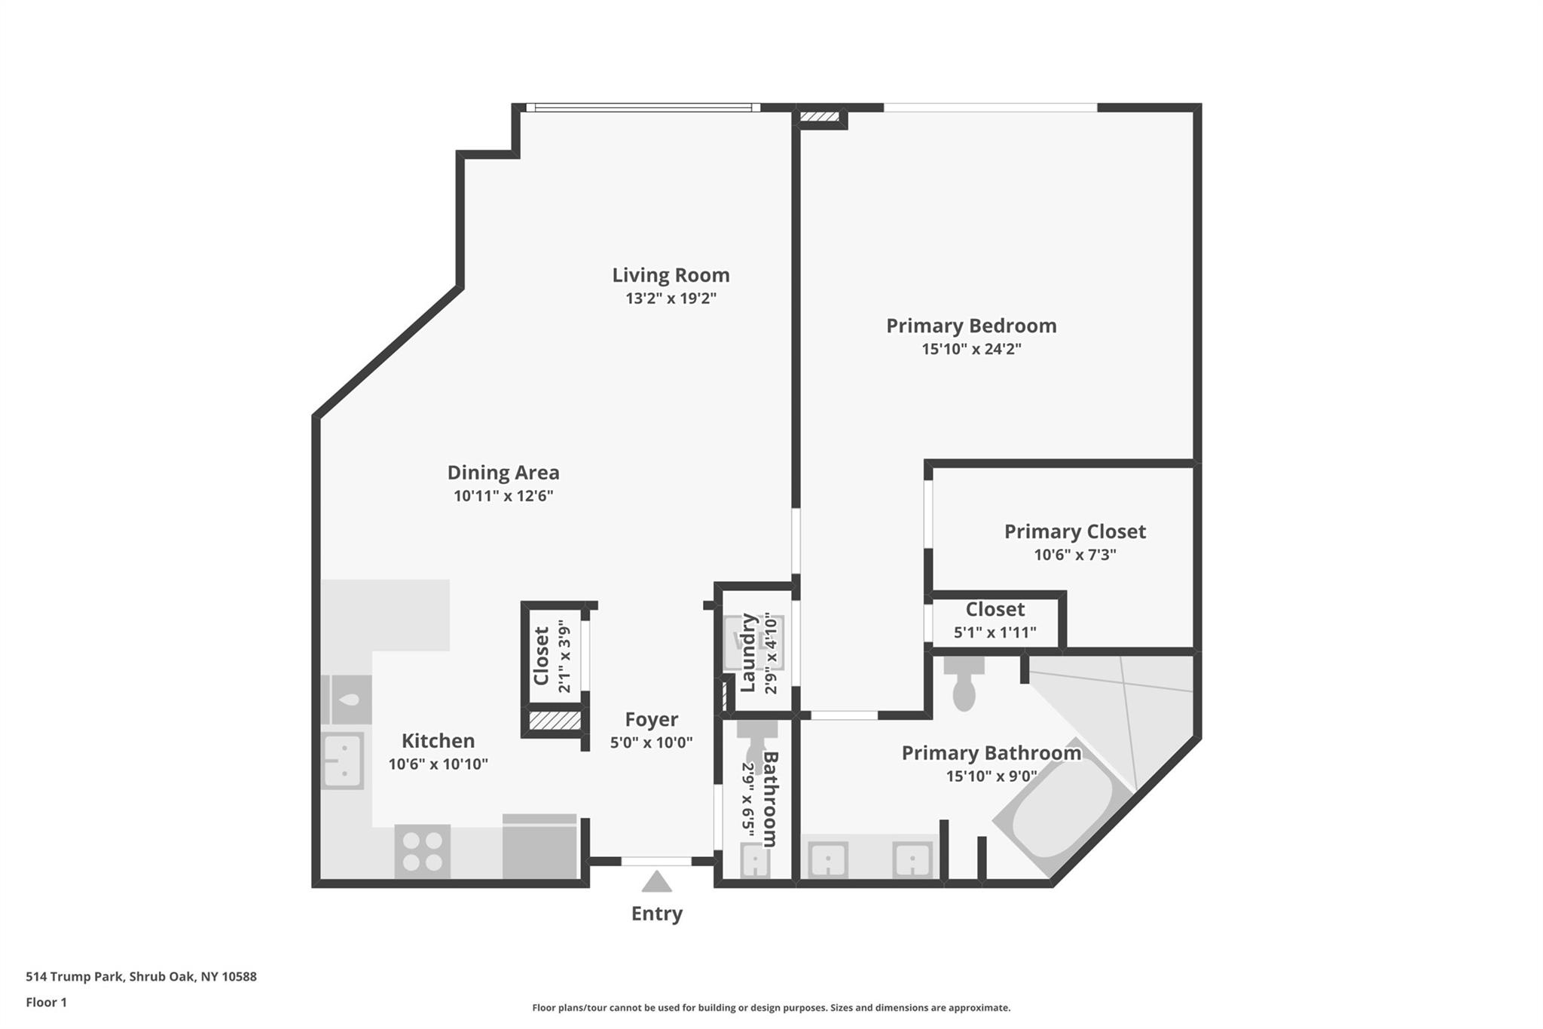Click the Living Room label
(x=671, y=275)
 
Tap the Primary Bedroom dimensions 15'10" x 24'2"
(x=971, y=349)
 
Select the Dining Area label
(x=503, y=473)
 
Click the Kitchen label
(x=438, y=740)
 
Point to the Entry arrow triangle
(x=656, y=882)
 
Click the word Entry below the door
(x=657, y=914)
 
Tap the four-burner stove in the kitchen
(x=423, y=851)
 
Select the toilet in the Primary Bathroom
(x=964, y=683)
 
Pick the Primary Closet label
(x=1075, y=531)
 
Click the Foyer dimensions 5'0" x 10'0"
(x=651, y=743)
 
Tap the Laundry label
(x=748, y=653)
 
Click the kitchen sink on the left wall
(x=343, y=761)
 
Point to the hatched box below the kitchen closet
(x=555, y=721)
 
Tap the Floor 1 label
(x=47, y=1003)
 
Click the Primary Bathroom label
(x=991, y=753)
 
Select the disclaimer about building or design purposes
(x=771, y=1008)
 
